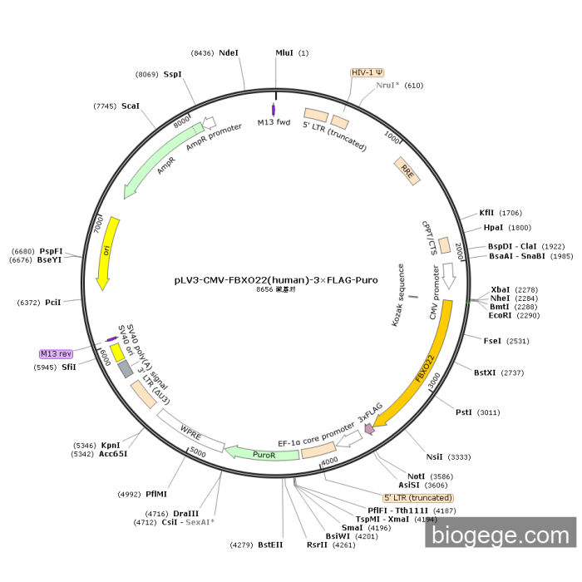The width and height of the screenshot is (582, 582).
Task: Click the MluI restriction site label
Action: (284, 53)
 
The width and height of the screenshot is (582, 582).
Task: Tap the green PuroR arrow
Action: (262, 454)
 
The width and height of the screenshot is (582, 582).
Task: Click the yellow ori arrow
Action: (107, 254)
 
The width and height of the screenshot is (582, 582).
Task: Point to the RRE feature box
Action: (407, 170)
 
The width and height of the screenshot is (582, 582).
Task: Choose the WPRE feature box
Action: (190, 431)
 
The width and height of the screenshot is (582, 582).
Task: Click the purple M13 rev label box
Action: (56, 353)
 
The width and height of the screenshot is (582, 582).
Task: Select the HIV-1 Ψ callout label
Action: (367, 72)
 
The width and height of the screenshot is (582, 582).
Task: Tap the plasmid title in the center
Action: (276, 280)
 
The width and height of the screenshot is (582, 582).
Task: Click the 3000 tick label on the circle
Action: (433, 381)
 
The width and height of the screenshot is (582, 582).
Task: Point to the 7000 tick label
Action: (98, 225)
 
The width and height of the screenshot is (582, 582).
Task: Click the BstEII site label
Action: (270, 545)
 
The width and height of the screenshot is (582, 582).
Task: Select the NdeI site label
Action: (229, 53)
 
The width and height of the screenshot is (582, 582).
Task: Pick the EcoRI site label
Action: (500, 315)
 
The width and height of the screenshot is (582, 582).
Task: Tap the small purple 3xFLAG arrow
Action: (369, 429)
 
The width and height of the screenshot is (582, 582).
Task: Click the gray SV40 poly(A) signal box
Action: (126, 369)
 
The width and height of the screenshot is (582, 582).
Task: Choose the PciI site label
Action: (52, 303)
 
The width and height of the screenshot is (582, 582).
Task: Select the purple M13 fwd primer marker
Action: (274, 111)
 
